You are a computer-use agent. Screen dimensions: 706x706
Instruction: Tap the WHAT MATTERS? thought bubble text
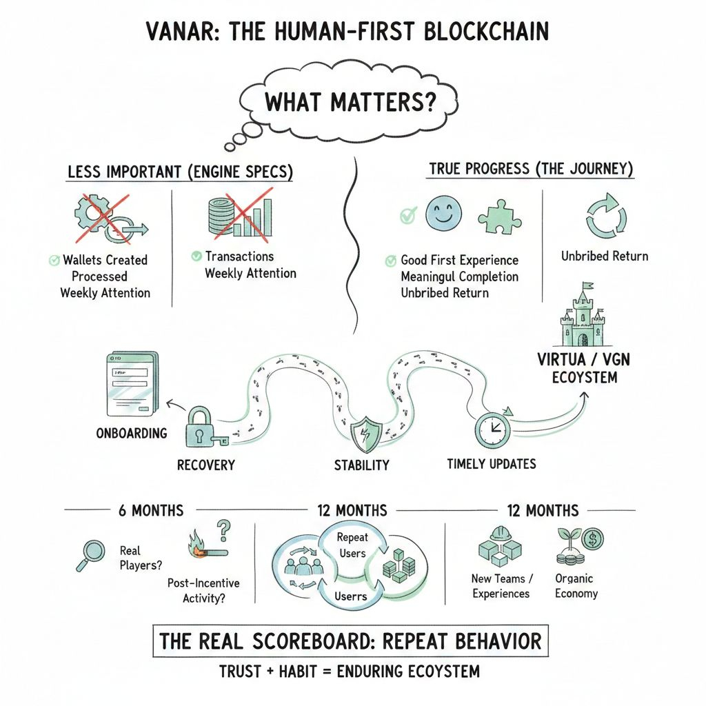pos(350,102)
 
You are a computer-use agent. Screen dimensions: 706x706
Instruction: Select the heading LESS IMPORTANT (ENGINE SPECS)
pos(180,172)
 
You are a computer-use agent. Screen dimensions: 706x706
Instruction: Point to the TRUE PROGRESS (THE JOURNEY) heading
pos(531,169)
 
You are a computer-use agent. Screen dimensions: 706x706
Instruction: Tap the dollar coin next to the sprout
pos(592,538)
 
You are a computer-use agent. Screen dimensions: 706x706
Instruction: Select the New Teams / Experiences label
pos(501,586)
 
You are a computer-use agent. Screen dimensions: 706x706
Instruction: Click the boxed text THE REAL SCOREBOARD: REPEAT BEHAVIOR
pos(350,641)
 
